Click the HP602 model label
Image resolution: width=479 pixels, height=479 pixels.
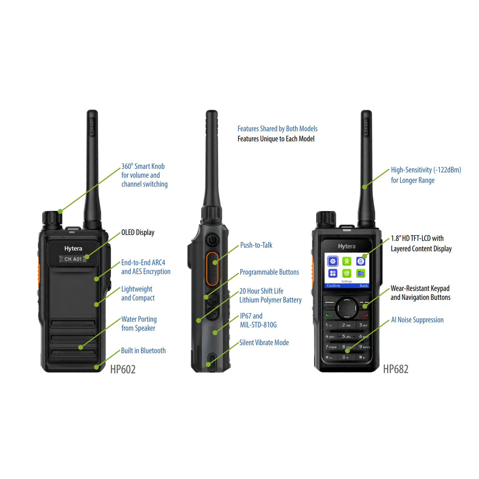(x=123, y=369)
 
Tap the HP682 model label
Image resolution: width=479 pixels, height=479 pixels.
(x=396, y=369)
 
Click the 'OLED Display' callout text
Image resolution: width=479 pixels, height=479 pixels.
(x=138, y=232)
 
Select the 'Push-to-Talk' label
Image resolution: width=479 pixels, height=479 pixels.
(x=256, y=245)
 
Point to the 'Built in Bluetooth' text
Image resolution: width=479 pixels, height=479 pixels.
(x=143, y=350)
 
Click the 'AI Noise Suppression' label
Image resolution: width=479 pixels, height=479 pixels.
(x=417, y=320)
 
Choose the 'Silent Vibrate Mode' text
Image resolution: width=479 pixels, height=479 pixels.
(x=264, y=342)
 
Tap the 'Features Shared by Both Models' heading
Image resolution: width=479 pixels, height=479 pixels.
(x=277, y=129)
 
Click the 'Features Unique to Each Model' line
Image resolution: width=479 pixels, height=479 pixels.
(x=276, y=139)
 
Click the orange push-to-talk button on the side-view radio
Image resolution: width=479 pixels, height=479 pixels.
(x=212, y=268)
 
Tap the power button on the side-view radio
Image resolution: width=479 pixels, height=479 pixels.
(x=212, y=240)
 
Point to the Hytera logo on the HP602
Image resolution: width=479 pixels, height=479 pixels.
(x=73, y=248)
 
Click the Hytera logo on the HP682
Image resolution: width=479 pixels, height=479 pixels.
(x=346, y=246)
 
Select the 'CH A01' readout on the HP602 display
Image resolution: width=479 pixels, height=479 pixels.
(x=73, y=259)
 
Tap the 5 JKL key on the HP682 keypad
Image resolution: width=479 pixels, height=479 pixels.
(x=346, y=336)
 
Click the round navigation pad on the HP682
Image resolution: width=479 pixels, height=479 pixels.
(x=346, y=308)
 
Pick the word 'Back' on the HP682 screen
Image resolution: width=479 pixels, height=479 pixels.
(x=364, y=286)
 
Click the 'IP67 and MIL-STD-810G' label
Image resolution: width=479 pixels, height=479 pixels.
(x=258, y=320)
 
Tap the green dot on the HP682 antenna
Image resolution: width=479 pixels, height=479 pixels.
(x=364, y=187)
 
